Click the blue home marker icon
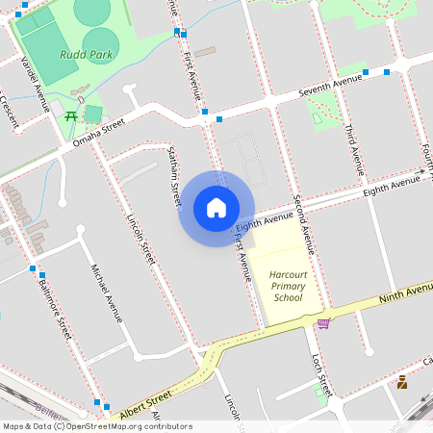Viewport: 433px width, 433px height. (x=216, y=208)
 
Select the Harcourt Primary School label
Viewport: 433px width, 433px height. (x=288, y=286)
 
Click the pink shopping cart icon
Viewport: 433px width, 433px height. (x=323, y=323)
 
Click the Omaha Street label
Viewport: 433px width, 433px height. (x=99, y=134)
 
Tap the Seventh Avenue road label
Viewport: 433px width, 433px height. (x=330, y=89)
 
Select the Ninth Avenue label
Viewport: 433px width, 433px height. (x=405, y=293)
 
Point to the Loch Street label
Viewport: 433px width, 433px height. (x=321, y=373)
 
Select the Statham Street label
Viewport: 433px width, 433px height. (x=174, y=174)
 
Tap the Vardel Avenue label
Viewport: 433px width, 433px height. (x=36, y=83)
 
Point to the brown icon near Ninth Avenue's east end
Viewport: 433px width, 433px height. (x=401, y=381)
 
